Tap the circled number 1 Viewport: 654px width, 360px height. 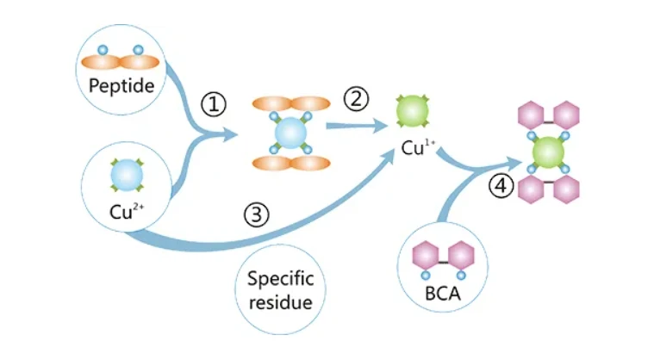tap(214, 104)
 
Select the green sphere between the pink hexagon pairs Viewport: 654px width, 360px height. tap(547, 152)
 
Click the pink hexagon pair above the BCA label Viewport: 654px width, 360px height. tap(444, 256)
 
